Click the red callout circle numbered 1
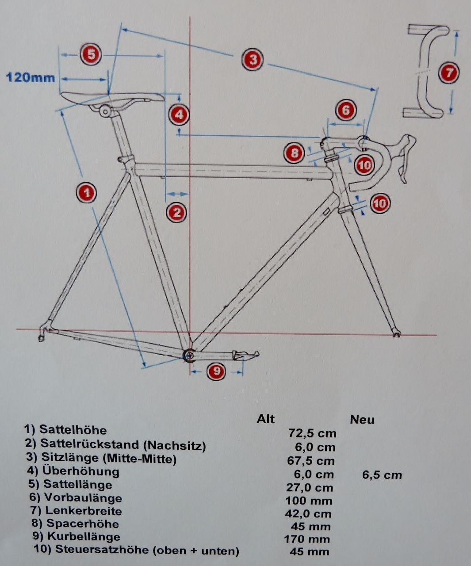(x=87, y=193)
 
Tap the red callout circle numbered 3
(x=253, y=59)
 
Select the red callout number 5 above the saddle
(x=91, y=54)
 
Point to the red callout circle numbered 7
(x=449, y=73)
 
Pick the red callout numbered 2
(x=176, y=212)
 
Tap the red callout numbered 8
(x=294, y=153)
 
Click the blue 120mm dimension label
(x=31, y=78)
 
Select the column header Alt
(x=265, y=419)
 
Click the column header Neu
(x=362, y=419)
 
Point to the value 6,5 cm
(x=382, y=475)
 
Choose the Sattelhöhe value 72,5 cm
(x=312, y=433)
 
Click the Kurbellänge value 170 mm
(x=307, y=539)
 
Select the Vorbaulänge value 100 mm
(x=309, y=501)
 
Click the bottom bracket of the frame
(x=189, y=355)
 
